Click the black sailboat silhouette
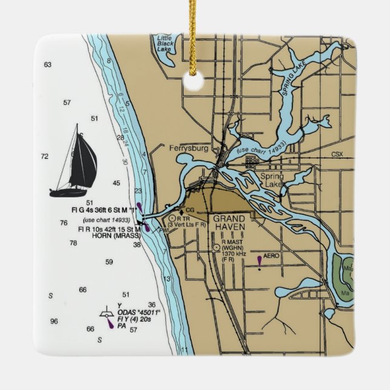(76, 164)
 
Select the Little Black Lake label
(164, 44)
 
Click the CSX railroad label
(337, 154)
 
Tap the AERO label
(272, 256)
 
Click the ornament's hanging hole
(194, 82)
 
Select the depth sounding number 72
(45, 156)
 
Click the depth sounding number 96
(55, 321)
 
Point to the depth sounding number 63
(48, 64)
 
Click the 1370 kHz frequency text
(238, 253)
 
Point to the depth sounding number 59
(109, 262)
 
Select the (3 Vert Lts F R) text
(187, 225)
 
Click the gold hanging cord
(193, 30)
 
